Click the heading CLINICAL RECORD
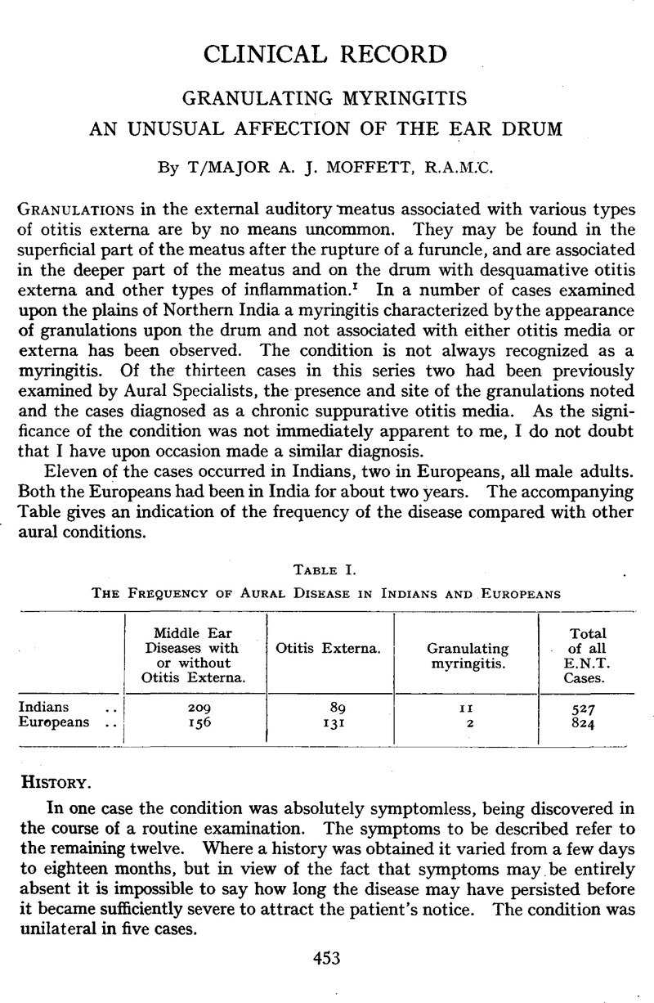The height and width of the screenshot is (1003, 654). coord(326,56)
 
